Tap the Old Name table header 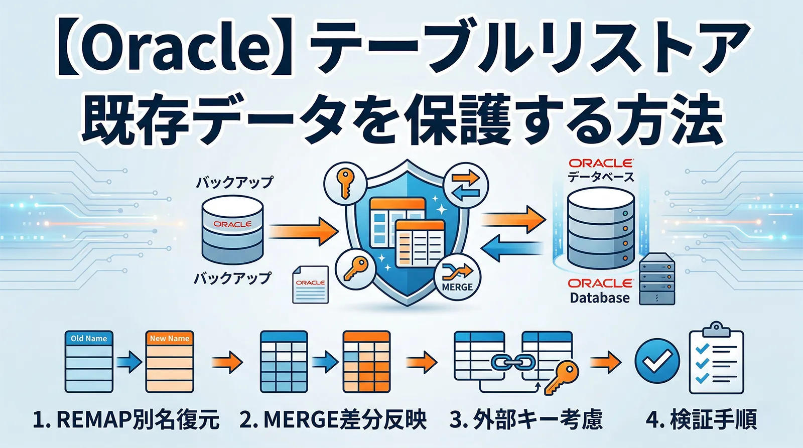point(89,339)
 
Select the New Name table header point(170,339)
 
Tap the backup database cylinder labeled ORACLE point(232,229)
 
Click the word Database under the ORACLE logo point(600,298)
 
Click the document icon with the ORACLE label point(310,284)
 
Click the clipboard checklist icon point(716,359)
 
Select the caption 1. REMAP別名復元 point(126,419)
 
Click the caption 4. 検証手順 point(701,419)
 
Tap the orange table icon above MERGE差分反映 point(366,361)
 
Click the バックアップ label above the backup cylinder point(234,182)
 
